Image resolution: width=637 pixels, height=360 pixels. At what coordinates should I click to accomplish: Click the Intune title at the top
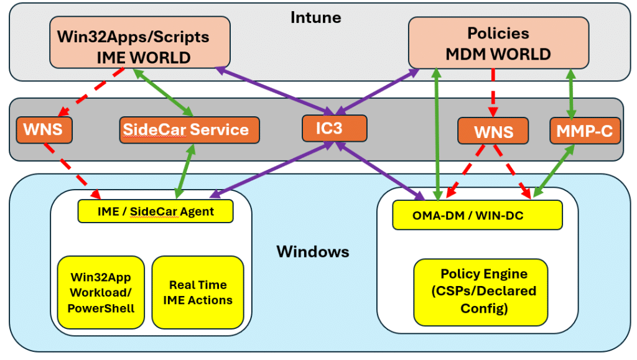tap(315, 17)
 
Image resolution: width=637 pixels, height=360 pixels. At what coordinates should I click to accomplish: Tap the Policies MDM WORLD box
tap(498, 43)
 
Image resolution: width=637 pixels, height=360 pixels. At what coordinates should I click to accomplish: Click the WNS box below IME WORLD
tap(44, 131)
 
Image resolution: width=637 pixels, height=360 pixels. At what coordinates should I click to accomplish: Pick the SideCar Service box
tap(185, 130)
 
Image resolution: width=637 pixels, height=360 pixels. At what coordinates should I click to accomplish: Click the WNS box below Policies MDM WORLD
tap(493, 132)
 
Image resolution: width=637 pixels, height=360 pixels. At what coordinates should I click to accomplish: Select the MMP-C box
tap(585, 131)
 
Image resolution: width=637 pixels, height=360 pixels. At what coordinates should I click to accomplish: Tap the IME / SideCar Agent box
tap(156, 211)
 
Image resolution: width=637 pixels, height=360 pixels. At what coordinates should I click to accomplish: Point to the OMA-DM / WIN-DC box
tap(477, 216)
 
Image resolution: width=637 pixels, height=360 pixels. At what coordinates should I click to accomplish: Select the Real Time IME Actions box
tap(198, 292)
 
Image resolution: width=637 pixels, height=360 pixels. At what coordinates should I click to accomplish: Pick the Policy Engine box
tap(481, 292)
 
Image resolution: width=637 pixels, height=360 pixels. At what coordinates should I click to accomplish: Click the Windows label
tap(313, 252)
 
